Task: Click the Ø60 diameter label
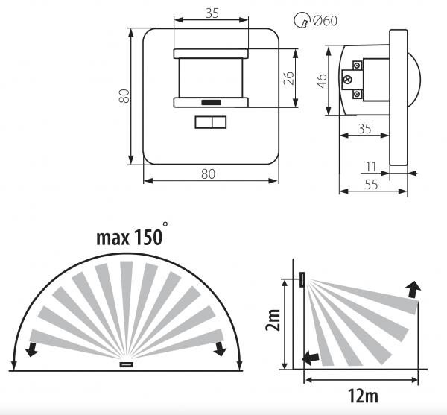[326, 21]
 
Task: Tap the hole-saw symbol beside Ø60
[302, 21]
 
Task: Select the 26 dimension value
[289, 78]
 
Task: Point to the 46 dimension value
[322, 81]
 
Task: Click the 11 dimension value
[371, 167]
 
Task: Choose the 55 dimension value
[372, 185]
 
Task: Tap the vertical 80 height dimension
[124, 96]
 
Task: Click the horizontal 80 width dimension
[208, 174]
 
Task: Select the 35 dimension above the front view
[212, 13]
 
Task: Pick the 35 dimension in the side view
[364, 129]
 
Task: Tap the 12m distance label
[363, 396]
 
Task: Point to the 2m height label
[273, 320]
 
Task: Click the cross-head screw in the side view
[347, 80]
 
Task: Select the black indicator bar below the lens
[212, 102]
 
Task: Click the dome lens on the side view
[414, 80]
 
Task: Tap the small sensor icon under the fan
[127, 364]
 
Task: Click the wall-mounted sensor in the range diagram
[302, 279]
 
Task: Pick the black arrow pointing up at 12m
[413, 289]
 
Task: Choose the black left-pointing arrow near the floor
[311, 358]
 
